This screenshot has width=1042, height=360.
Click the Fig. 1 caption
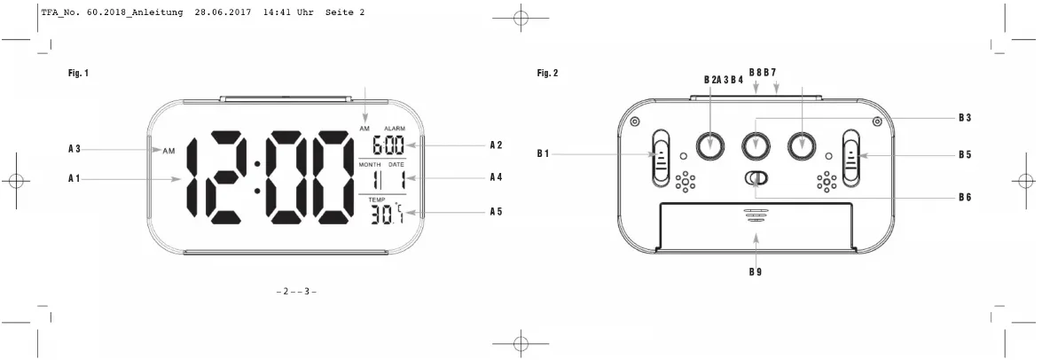[x=78, y=73]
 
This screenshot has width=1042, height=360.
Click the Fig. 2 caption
[x=547, y=73]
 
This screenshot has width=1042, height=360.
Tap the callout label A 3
[x=74, y=150]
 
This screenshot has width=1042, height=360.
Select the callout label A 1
[x=74, y=179]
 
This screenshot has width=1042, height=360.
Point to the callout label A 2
[x=496, y=145]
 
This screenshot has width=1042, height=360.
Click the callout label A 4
[x=496, y=177]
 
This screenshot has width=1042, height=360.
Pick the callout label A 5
[x=496, y=212]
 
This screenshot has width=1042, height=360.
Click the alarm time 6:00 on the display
[x=388, y=145]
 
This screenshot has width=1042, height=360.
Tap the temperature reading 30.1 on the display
[x=388, y=213]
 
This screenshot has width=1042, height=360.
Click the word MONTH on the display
[x=370, y=164]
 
